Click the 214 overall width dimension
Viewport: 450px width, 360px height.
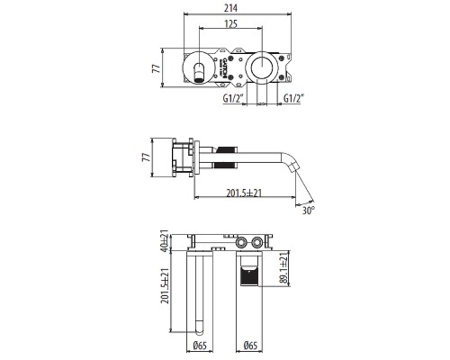[x=237, y=8]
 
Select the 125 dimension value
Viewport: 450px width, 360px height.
[x=231, y=23]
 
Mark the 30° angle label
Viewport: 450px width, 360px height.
[x=309, y=212]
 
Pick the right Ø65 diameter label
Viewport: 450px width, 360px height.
[x=251, y=346]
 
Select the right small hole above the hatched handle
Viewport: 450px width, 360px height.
[x=259, y=242]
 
